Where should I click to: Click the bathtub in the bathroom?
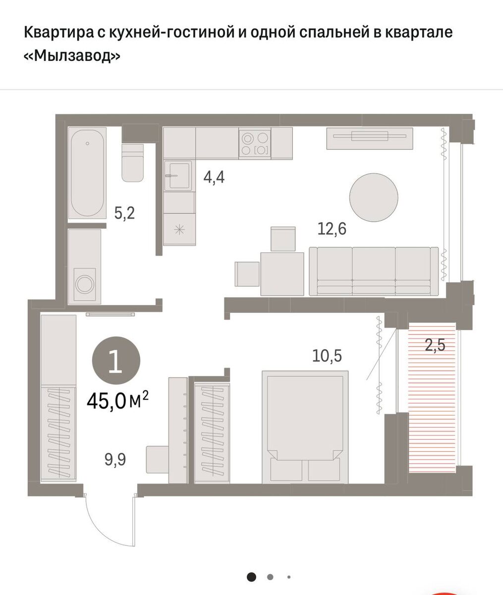pos(87,173)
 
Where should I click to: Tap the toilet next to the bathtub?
pos(132,163)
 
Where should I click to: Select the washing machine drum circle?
pos(85,285)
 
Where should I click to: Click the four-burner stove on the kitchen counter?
pos(255,143)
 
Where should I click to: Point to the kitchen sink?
pos(178,176)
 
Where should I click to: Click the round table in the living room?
pos(374,197)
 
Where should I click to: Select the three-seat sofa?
pos(374,271)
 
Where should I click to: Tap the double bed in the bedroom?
pos(305,427)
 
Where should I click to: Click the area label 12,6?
pos(332,229)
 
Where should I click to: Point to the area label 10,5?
pos(327,356)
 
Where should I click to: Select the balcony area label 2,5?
pos(435,345)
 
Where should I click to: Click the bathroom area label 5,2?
pos(124,213)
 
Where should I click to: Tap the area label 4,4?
pos(214,177)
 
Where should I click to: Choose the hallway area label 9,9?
pos(115,460)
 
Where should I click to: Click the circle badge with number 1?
pos(116,360)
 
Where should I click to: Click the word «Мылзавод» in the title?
pos(72,56)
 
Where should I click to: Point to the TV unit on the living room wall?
pos(370,138)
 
